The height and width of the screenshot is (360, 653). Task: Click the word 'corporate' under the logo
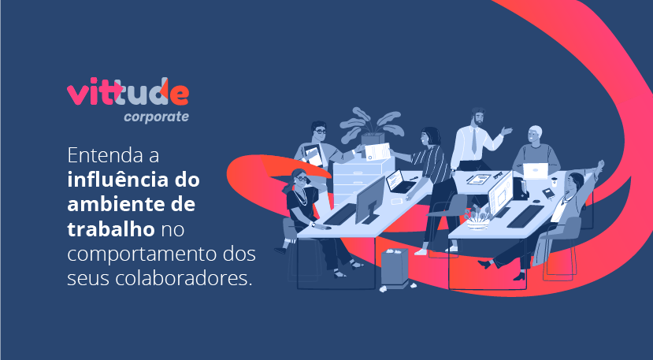156,117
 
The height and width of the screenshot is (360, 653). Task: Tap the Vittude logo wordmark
128,91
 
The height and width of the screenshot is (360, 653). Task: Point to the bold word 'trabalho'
111,229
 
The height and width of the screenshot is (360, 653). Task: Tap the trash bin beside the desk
395,267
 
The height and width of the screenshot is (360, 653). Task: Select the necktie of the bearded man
474,141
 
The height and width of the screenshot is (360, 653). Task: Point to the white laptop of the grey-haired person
535,171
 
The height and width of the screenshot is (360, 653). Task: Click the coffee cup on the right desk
555,182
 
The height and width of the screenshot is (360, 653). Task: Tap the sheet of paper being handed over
377,152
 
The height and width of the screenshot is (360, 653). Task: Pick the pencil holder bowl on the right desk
477,224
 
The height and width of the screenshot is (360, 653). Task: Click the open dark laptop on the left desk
399,182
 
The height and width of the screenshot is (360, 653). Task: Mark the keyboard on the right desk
525,217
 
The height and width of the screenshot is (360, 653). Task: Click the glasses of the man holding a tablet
320,132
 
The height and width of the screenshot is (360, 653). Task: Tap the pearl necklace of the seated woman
301,197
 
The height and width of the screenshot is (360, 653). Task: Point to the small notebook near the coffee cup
548,193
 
